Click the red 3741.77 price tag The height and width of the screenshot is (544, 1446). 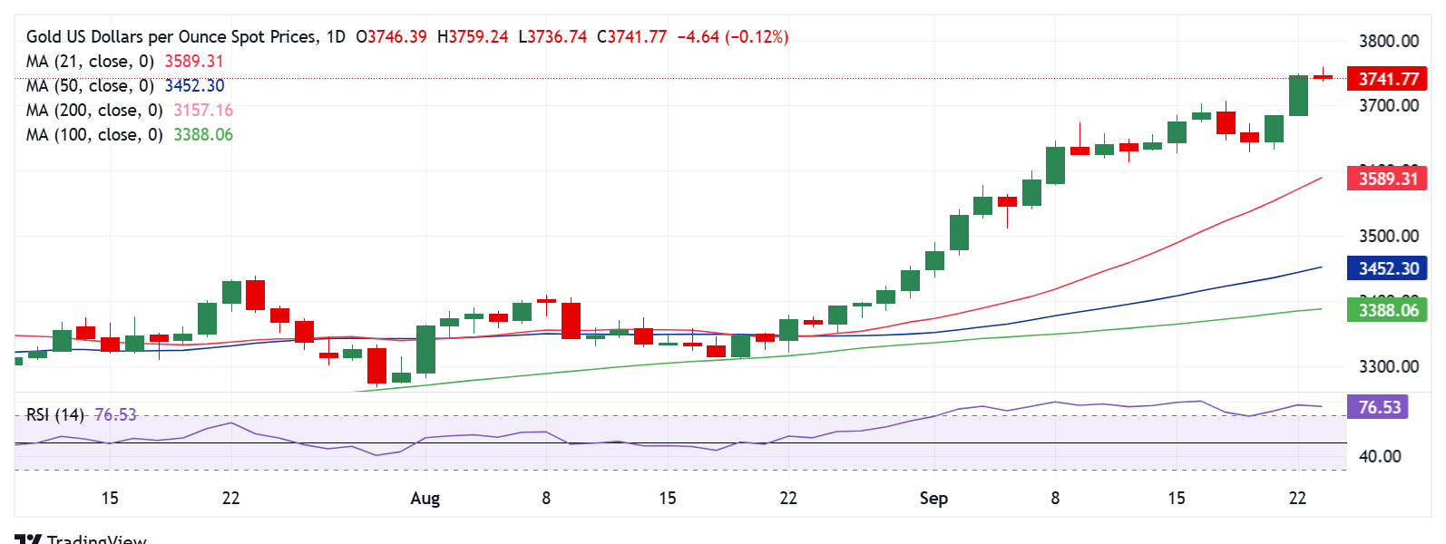[1387, 79]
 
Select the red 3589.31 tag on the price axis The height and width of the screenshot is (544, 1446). [1387, 179]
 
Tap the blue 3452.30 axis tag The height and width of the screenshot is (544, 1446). [1387, 268]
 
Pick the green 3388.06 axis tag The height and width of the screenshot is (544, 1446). [1387, 310]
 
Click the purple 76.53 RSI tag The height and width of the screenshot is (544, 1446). [1379, 407]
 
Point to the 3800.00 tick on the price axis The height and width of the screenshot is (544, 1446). [1388, 41]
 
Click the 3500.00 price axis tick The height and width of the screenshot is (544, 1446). [1388, 236]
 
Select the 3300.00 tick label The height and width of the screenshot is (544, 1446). [1388, 366]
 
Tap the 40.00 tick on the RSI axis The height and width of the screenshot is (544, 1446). [1380, 456]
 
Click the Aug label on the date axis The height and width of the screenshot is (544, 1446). [425, 498]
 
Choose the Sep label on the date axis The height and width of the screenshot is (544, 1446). [933, 498]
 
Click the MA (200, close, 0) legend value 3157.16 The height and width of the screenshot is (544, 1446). [203, 111]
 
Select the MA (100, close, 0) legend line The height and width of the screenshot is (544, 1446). [94, 135]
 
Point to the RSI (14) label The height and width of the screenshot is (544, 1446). [54, 414]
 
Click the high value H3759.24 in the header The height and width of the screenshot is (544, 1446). [473, 37]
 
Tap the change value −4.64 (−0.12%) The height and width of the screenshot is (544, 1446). [733, 37]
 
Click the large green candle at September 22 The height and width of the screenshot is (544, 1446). [1298, 95]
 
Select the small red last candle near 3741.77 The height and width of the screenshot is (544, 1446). [1323, 77]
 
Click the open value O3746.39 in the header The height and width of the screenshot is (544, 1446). [391, 37]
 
